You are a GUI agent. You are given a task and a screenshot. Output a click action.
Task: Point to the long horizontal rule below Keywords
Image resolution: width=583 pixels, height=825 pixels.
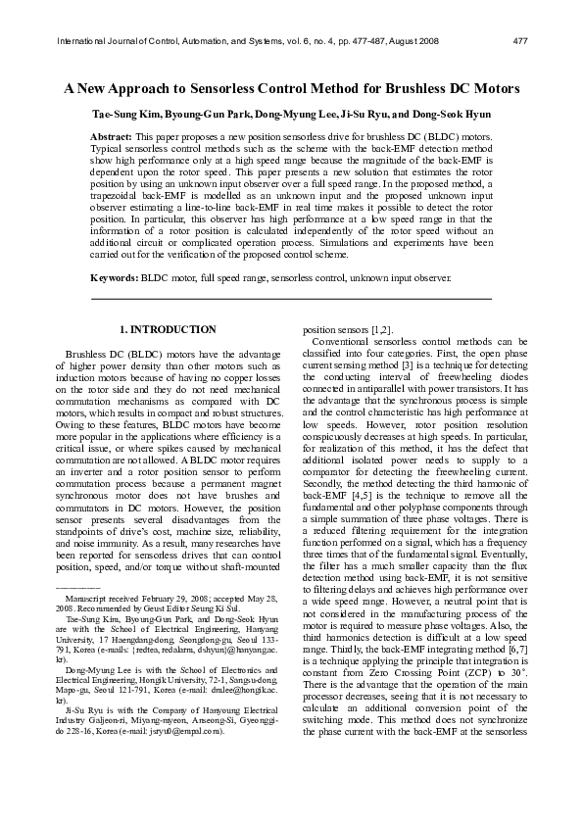291,297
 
